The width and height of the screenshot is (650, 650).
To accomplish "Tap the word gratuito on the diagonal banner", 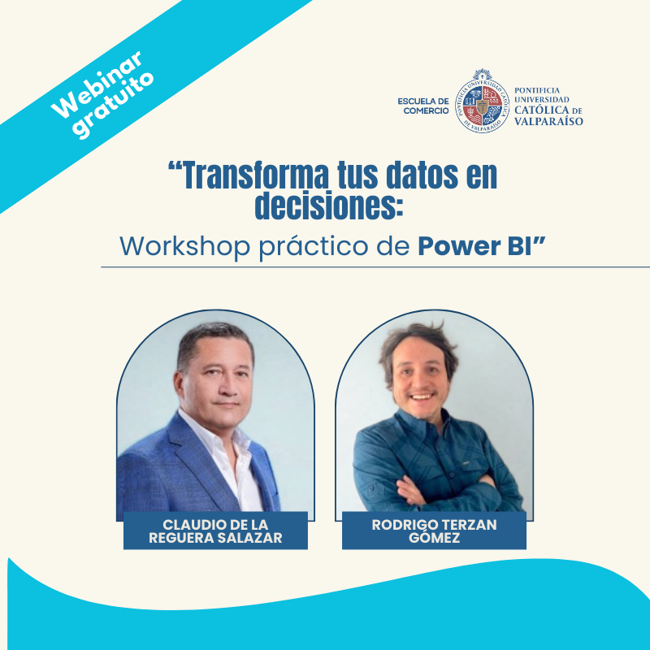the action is pos(113,105).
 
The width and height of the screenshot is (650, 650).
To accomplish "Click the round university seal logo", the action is pos(482,102).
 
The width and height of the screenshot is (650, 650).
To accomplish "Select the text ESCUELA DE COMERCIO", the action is pos(423,106).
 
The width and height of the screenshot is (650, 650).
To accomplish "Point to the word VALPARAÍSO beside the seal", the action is pos(548,121).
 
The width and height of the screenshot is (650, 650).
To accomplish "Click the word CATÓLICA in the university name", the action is pos(541,110).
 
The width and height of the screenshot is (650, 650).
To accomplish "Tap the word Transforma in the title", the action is pos(249,175).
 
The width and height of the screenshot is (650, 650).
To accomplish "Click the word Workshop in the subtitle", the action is pos(185,247).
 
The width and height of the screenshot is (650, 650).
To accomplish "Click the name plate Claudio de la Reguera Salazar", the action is pos(215,531).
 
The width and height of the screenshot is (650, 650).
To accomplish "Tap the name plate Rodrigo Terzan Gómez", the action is pos(434,531).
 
